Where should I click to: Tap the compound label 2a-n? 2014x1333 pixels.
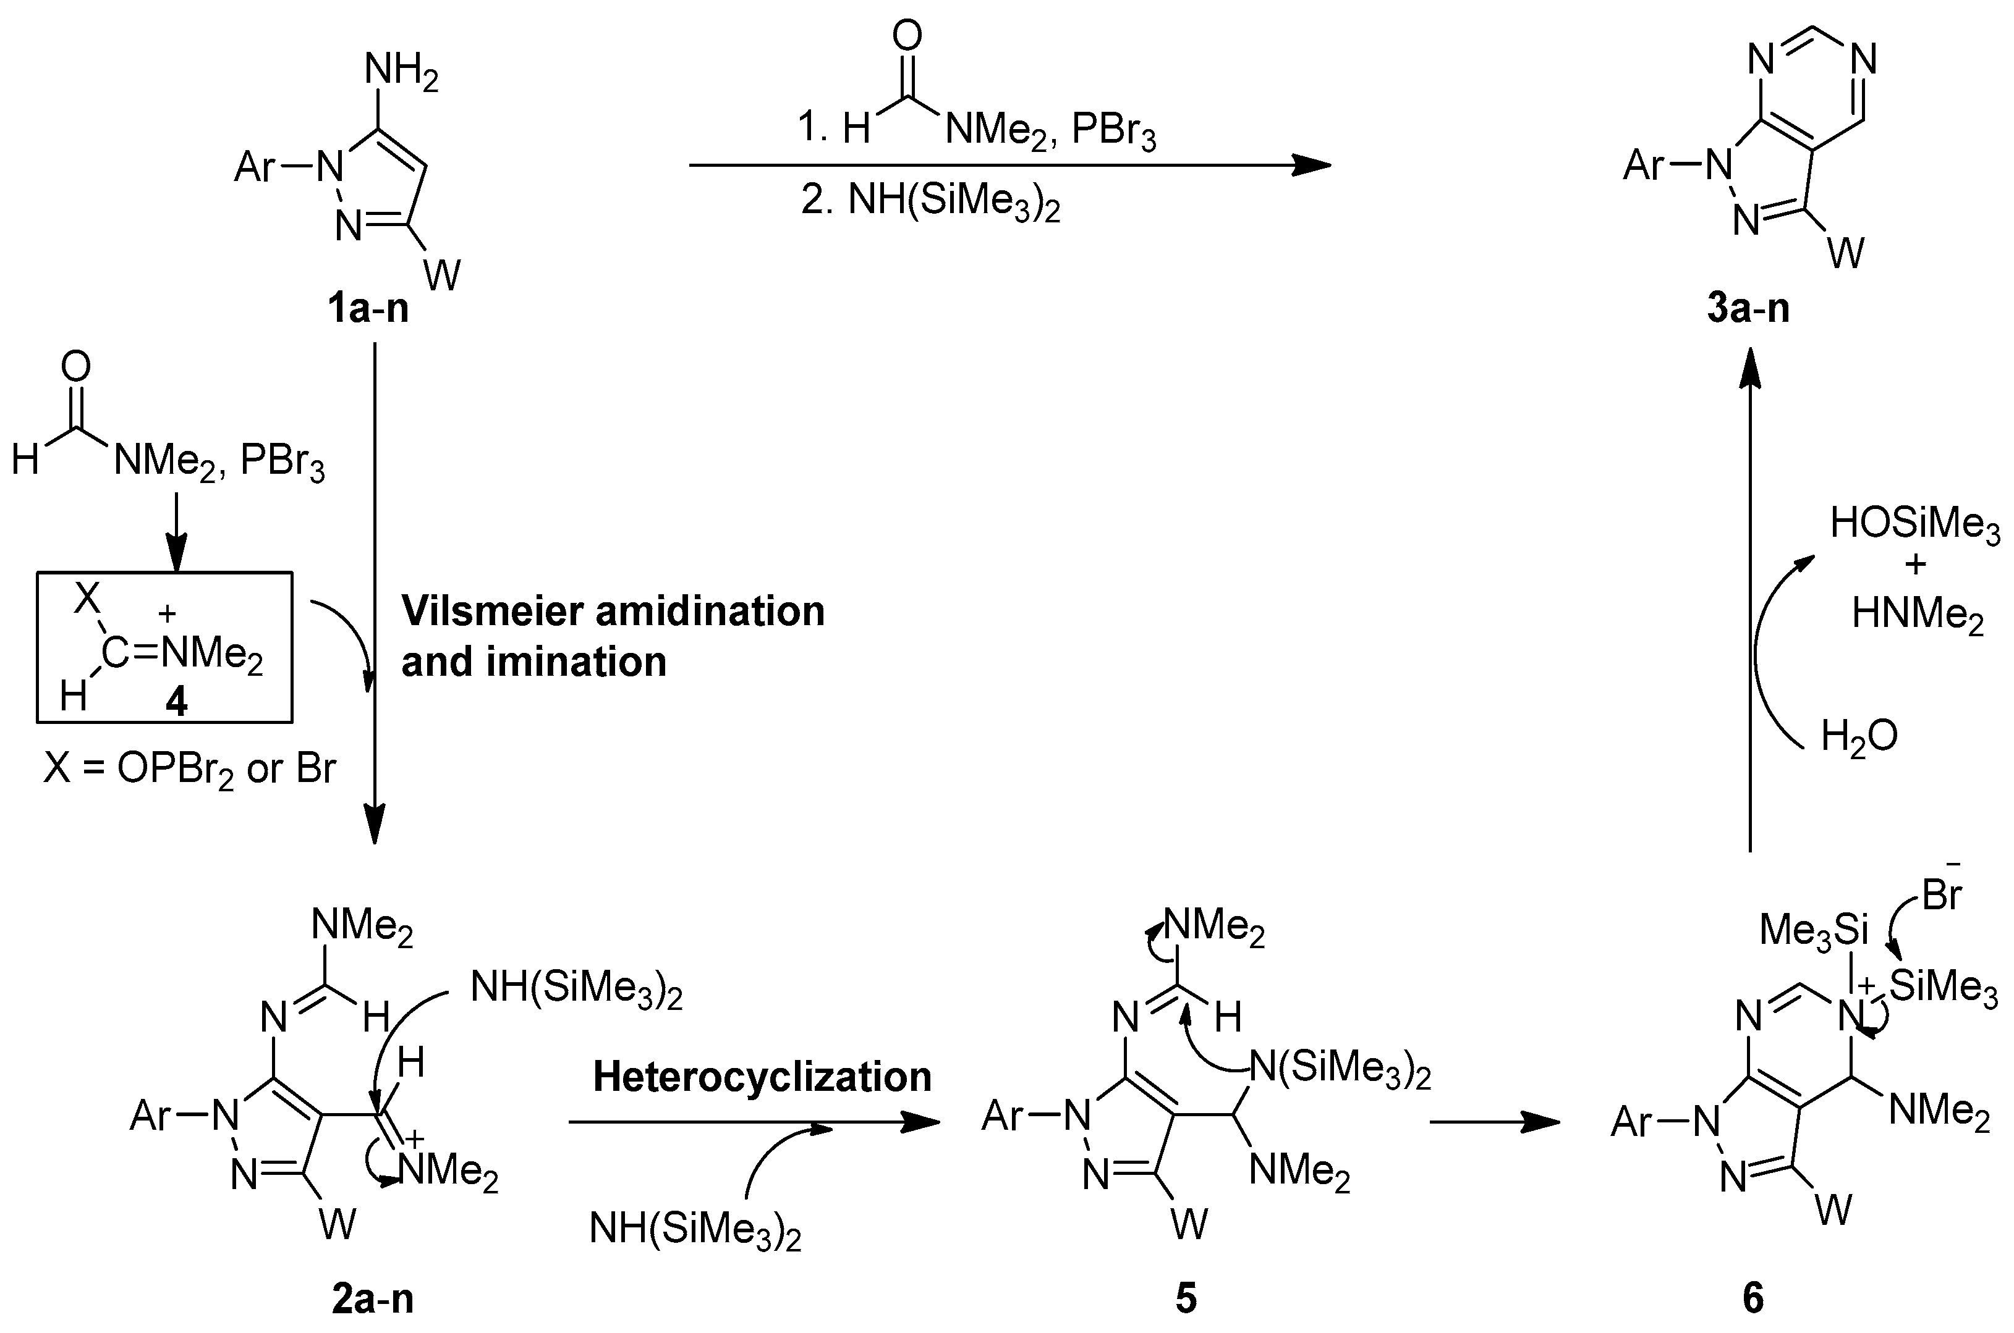373,1299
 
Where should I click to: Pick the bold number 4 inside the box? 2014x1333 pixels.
176,702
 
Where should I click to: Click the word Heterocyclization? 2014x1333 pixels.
762,1077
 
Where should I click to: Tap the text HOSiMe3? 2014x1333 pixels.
1914,524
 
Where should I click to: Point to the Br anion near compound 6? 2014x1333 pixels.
1942,895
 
